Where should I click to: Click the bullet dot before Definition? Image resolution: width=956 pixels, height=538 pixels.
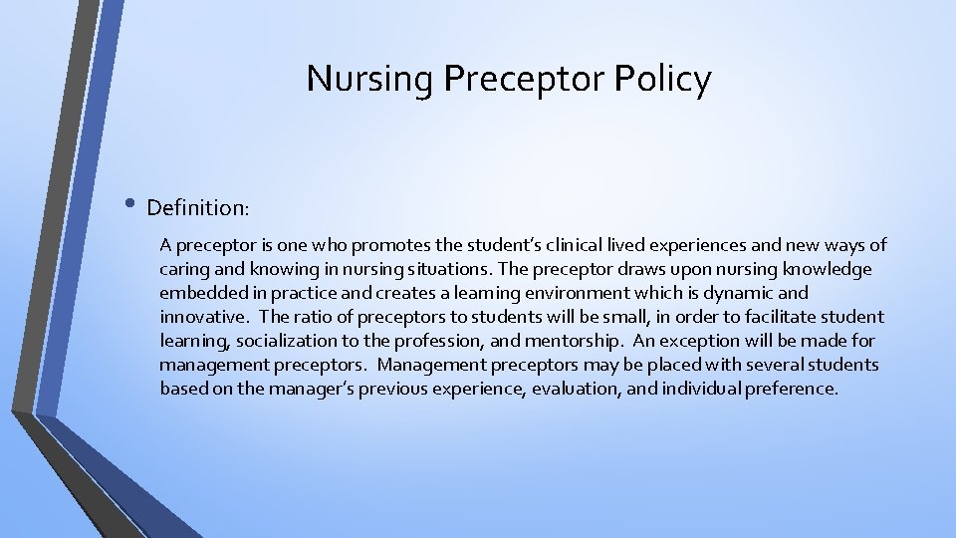click(x=132, y=206)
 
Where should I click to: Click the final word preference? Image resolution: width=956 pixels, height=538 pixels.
click(x=789, y=389)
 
